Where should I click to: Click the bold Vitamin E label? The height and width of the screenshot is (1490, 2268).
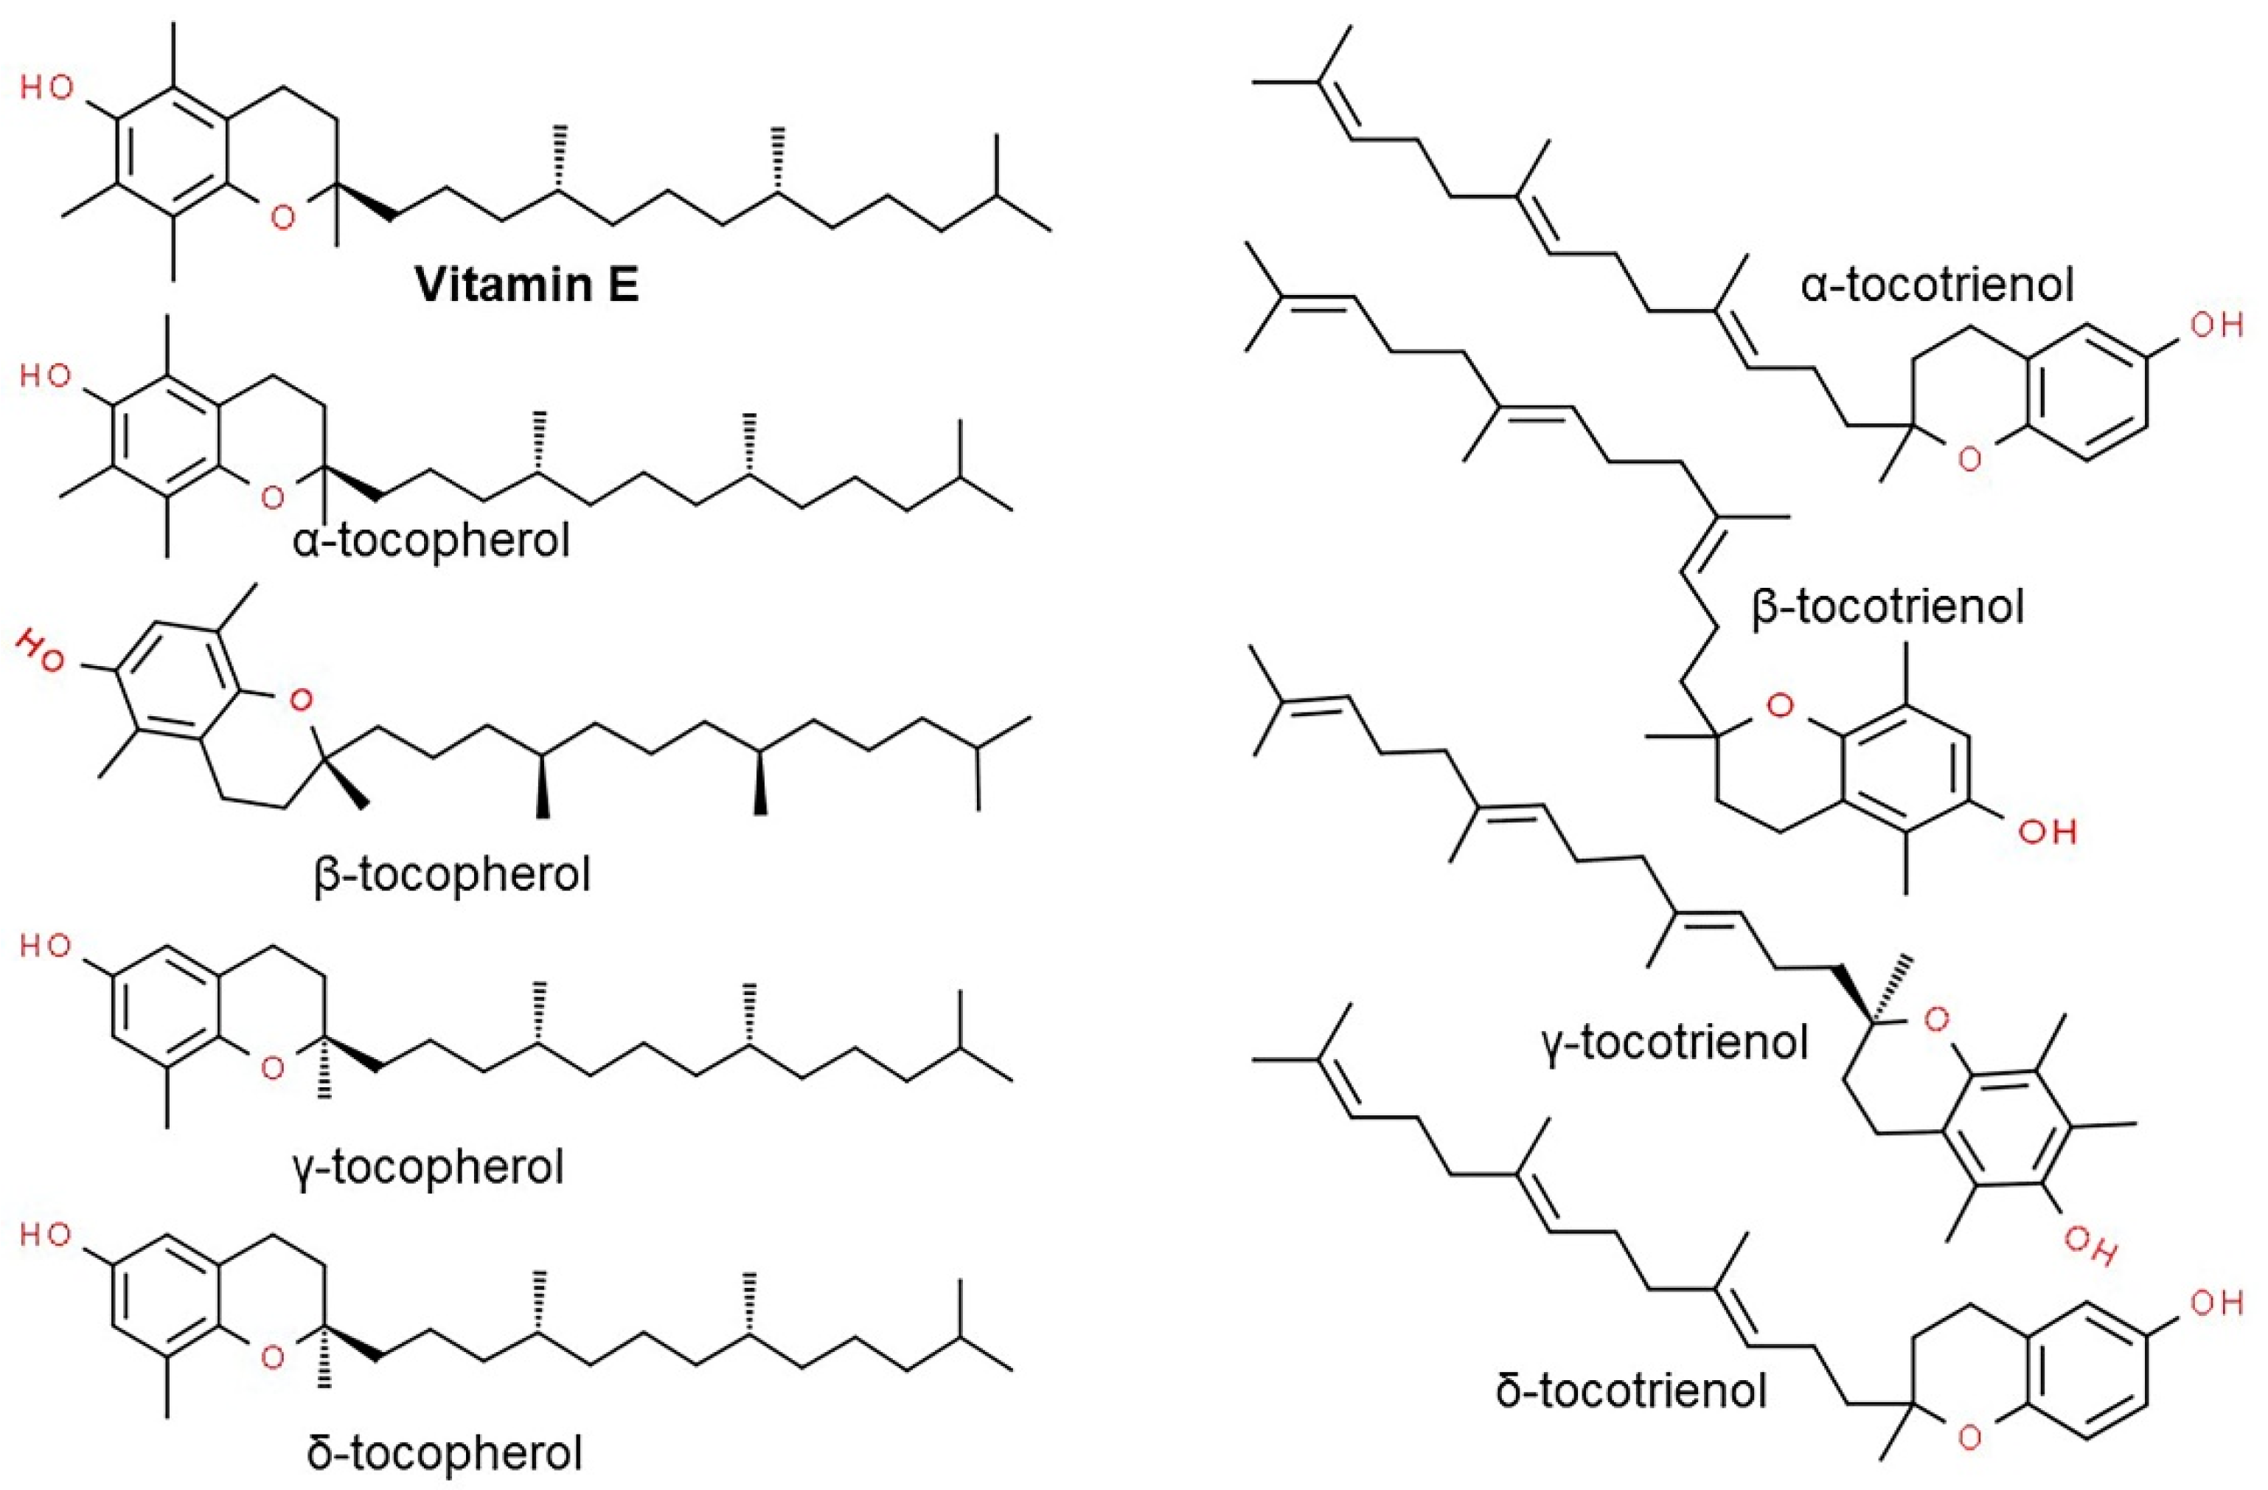click(x=527, y=284)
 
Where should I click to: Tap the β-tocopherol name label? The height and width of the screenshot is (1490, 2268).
click(x=452, y=873)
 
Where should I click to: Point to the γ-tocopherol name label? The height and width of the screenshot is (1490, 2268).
click(x=430, y=1166)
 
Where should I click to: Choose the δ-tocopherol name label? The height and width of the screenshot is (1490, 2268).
click(x=444, y=1454)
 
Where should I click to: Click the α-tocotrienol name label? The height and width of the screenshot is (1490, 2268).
click(x=1936, y=284)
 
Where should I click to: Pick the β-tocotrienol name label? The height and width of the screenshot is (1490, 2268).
click(x=1888, y=606)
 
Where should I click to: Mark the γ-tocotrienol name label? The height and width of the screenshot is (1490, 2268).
click(x=1674, y=1042)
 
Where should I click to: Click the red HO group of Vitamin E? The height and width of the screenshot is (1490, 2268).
click(x=46, y=89)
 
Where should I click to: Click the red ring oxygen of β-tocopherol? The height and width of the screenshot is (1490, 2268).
click(x=300, y=701)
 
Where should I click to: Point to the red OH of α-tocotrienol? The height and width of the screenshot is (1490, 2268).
click(x=2216, y=325)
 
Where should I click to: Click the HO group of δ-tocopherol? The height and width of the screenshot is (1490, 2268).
click(x=46, y=1236)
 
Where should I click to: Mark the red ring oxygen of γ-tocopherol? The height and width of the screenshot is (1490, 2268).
click(x=273, y=1067)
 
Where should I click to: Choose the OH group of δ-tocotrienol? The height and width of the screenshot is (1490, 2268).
click(x=2216, y=1303)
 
